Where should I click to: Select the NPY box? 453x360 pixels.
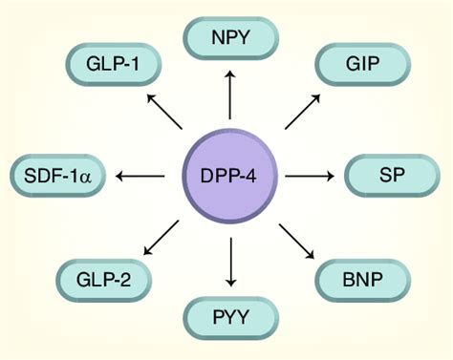click(x=229, y=38)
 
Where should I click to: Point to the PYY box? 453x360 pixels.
click(x=229, y=315)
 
